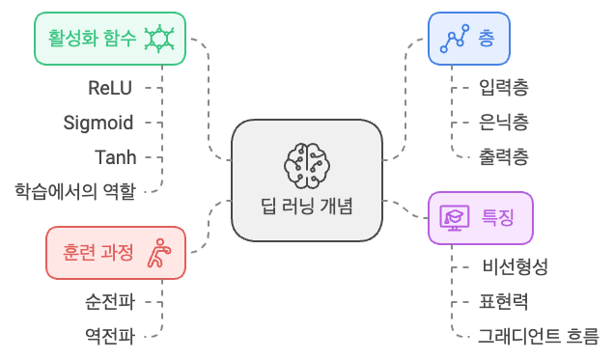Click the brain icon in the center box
tap(307, 165)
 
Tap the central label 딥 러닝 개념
tap(307, 207)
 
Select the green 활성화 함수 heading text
tap(92, 38)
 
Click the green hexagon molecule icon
tap(159, 39)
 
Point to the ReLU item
tap(110, 88)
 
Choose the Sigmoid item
tap(98, 123)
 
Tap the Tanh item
tap(116, 157)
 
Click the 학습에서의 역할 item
tap(75, 191)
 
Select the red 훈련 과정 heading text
tap(98, 253)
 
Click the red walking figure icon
tap(159, 253)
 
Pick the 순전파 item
tap(110, 302)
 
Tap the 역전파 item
tap(110, 337)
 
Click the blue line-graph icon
tap(455, 39)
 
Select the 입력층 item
tap(504, 87)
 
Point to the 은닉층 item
tap(504, 122)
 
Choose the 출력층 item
tap(504, 157)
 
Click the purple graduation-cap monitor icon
tap(455, 218)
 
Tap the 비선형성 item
tap(515, 267)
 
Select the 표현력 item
tap(504, 302)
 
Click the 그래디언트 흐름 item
tap(539, 337)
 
